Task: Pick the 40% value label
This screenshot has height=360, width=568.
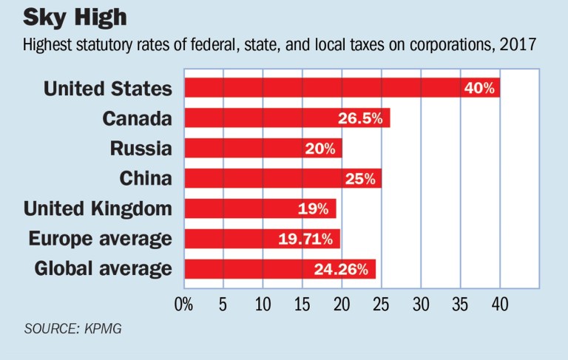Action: [479, 88]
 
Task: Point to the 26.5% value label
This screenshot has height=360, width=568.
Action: [361, 118]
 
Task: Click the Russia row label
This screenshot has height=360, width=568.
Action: [141, 148]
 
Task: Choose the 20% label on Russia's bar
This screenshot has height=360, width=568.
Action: [319, 148]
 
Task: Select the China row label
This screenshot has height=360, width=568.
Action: [146, 178]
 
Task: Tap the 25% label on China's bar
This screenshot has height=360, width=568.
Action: [359, 178]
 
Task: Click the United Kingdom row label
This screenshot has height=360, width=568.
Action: [98, 208]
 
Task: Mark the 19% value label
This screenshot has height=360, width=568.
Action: [314, 208]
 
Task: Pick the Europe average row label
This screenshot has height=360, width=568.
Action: [100, 238]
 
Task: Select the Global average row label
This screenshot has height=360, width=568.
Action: [103, 268]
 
